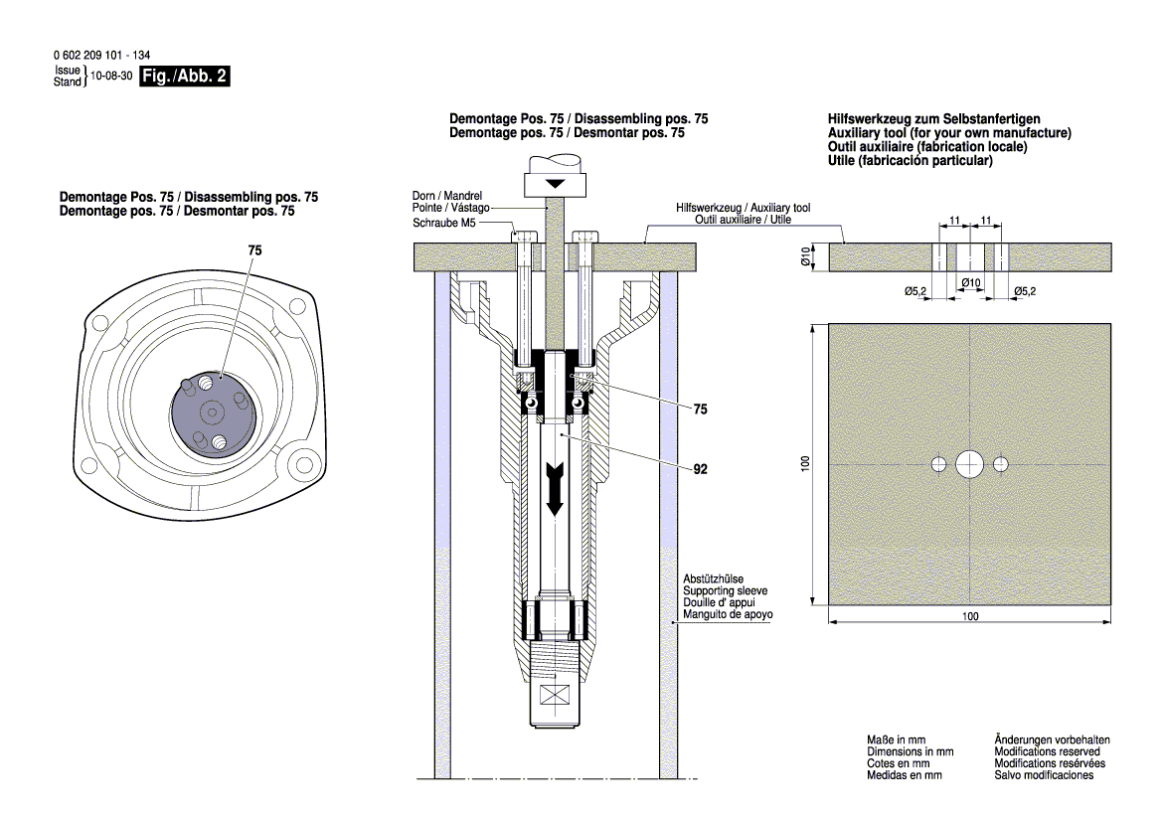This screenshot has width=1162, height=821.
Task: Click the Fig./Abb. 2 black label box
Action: (x=185, y=77)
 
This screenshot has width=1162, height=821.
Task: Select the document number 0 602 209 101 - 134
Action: (x=94, y=57)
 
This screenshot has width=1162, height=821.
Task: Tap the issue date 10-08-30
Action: (x=111, y=77)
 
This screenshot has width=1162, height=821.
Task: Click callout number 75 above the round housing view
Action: (x=255, y=253)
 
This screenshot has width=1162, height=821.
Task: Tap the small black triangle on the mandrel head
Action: (x=555, y=185)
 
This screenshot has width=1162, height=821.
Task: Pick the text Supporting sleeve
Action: (x=725, y=590)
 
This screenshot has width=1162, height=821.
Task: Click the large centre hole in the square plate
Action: (x=969, y=463)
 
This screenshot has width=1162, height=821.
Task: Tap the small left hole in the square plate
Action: (x=938, y=463)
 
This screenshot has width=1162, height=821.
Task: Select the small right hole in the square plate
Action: (x=1000, y=463)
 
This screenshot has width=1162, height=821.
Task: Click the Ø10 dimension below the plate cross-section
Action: (x=970, y=283)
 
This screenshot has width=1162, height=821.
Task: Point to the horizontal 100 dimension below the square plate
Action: (x=970, y=616)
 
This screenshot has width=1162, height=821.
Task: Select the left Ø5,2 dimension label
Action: (x=915, y=290)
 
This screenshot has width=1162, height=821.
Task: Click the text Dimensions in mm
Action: (x=910, y=752)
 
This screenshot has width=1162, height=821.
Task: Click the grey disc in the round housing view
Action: (x=212, y=410)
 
